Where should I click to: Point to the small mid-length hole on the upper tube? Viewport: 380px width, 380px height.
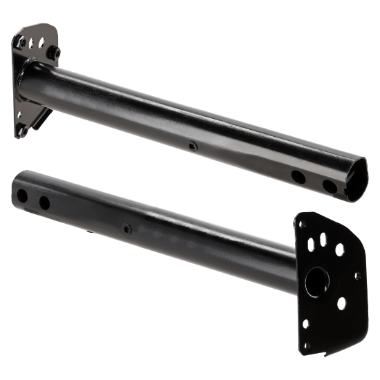191,146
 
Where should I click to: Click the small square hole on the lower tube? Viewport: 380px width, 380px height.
126,228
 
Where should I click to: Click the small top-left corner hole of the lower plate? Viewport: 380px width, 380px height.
302,224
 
